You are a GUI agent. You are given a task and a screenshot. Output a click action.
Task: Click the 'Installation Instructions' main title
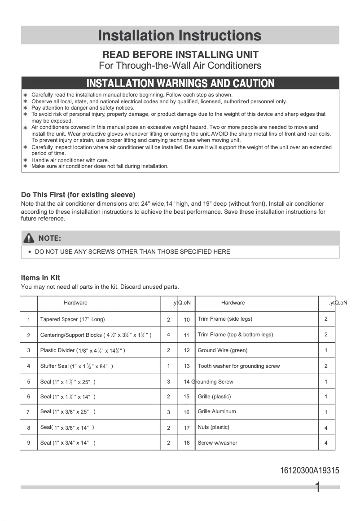180,35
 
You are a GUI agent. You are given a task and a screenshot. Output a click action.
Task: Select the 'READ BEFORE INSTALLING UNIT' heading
180,55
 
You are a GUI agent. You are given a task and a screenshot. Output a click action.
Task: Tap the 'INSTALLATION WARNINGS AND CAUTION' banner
180,83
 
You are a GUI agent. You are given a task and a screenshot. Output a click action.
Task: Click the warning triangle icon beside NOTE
29,238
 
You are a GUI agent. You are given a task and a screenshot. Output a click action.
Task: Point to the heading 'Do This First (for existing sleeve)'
78,195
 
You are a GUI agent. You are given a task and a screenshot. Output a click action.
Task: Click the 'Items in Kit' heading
40,278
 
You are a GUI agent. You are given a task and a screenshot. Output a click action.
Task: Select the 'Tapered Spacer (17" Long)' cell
72,320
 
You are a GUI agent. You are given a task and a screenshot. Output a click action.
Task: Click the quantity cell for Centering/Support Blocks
169,335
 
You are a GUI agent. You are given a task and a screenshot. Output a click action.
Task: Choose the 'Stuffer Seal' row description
76,366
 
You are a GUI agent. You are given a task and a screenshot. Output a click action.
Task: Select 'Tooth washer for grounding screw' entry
238,366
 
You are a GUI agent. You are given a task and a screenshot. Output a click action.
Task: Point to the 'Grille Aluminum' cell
216,411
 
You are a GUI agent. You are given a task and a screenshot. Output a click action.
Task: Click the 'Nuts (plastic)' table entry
213,427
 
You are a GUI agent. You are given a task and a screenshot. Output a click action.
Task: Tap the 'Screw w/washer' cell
217,443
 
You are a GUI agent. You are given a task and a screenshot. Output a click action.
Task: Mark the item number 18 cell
187,443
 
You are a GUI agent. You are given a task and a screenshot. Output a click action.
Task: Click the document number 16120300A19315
309,471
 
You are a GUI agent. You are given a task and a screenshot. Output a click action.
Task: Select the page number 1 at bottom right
318,488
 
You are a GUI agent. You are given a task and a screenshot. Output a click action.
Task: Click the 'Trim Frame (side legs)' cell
225,319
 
